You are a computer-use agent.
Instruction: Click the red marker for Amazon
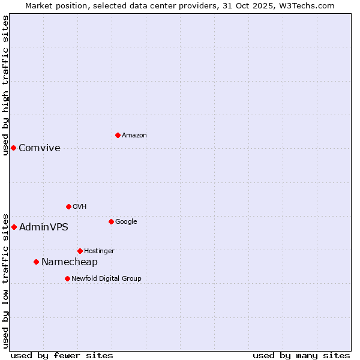[x=118, y=135]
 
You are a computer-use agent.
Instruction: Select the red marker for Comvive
[x=13, y=148]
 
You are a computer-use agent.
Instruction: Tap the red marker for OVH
[x=68, y=206]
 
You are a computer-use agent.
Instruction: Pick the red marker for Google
[x=111, y=221]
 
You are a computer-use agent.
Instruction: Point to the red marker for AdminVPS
[x=14, y=227]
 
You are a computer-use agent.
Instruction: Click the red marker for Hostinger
[x=80, y=251]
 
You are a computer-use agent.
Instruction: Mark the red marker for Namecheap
[x=36, y=262]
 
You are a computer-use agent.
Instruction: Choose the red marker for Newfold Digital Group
[x=67, y=278]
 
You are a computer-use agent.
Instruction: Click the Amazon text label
[x=134, y=136]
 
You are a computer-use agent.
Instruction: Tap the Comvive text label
[x=40, y=148]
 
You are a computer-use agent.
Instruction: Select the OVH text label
[x=80, y=207]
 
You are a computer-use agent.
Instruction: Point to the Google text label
[x=126, y=222]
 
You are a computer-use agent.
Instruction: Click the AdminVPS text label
[x=44, y=227]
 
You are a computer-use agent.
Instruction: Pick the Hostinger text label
[x=99, y=251]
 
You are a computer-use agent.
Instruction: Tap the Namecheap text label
[x=70, y=262]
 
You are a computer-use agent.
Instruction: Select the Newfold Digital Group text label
[x=107, y=279]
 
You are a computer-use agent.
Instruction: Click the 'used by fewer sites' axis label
[x=62, y=356]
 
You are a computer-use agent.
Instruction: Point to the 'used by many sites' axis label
[x=301, y=356]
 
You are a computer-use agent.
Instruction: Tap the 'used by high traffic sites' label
[x=5, y=85]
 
